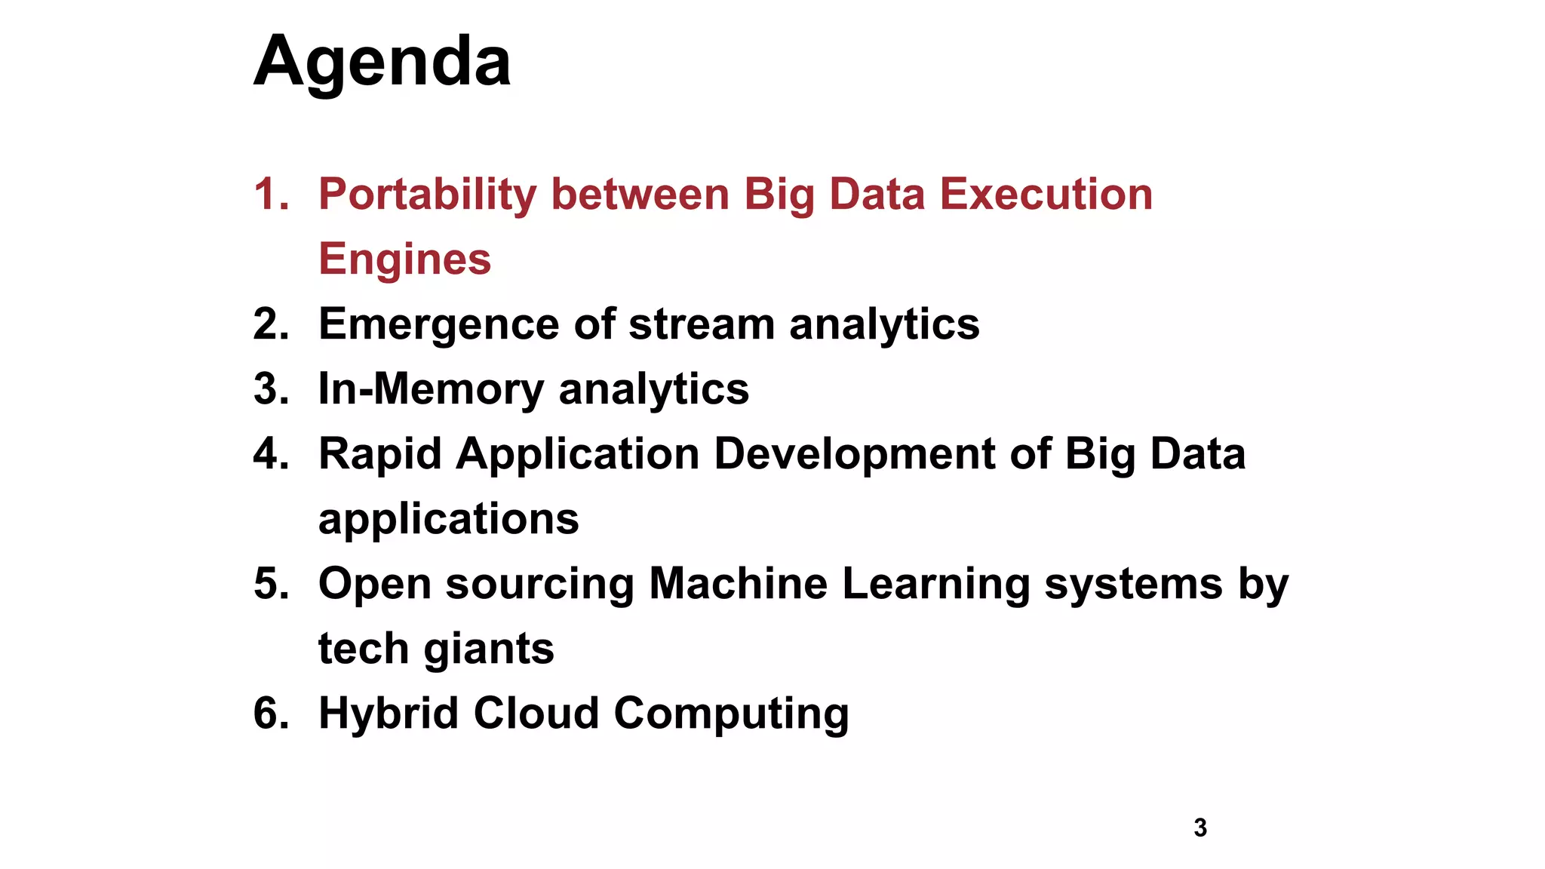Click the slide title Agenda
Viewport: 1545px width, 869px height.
(x=382, y=62)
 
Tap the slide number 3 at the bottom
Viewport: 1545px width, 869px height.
(x=1200, y=828)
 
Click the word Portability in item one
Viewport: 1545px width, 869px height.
(x=427, y=194)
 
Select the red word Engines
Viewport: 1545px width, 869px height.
(x=404, y=259)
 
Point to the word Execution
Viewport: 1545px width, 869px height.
(x=1046, y=194)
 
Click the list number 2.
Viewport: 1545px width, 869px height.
(x=271, y=324)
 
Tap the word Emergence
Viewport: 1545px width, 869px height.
(x=438, y=324)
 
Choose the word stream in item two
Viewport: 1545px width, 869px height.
(x=701, y=324)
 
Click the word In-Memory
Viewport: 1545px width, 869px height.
(x=431, y=389)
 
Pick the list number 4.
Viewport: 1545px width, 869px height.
(x=271, y=454)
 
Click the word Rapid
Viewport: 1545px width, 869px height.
(x=379, y=454)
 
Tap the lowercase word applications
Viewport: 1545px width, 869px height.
(x=448, y=519)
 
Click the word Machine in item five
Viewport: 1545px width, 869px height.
(x=737, y=584)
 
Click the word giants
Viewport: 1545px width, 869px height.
(x=488, y=649)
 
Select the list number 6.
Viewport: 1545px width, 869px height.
(x=271, y=714)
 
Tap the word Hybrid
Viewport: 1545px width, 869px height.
(x=388, y=714)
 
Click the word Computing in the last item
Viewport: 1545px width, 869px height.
(x=730, y=714)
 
